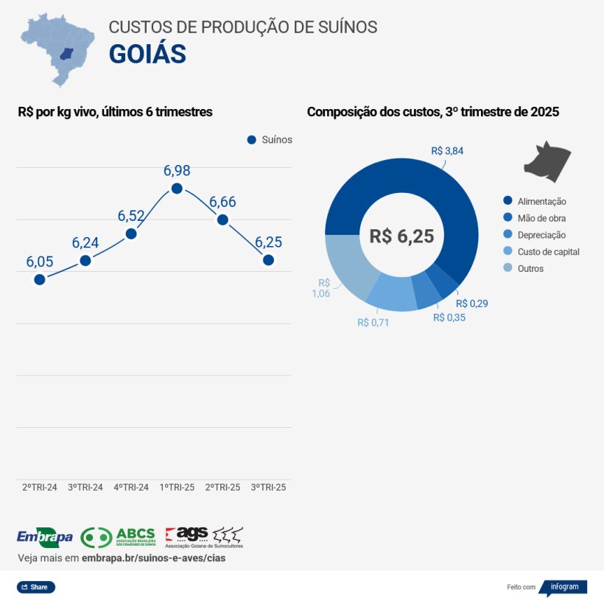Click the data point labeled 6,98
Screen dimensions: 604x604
click(177, 189)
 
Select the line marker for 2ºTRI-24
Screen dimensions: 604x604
click(40, 279)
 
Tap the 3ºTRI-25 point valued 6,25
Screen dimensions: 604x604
click(268, 260)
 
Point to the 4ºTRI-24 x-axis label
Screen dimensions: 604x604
click(131, 488)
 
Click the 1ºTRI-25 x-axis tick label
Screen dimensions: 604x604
click(177, 488)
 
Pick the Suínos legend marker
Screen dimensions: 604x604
click(251, 140)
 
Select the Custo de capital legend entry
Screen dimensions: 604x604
click(541, 252)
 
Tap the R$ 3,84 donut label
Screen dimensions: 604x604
click(447, 151)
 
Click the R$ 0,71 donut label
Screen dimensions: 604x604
click(373, 323)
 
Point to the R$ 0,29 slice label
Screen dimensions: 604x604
click(472, 303)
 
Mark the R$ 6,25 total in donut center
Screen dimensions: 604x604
click(401, 236)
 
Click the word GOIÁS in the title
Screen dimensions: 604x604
click(147, 54)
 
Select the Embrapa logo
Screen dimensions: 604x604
click(44, 536)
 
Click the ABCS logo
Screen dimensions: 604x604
click(118, 537)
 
